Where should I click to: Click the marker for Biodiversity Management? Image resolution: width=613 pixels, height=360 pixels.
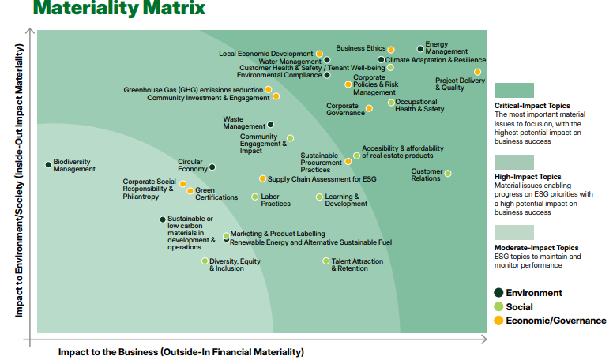[x=48, y=165]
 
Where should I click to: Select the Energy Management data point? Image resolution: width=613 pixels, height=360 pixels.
[x=420, y=49]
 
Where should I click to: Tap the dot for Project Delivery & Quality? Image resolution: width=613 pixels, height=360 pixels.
[x=477, y=72]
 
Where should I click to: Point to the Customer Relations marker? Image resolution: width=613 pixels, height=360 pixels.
[x=448, y=173]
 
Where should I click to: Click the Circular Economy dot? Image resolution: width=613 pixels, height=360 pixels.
[x=212, y=167]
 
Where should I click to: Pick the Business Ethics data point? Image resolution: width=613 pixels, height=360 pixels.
[x=391, y=49]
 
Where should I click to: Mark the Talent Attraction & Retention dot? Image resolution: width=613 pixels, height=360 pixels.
[x=325, y=261]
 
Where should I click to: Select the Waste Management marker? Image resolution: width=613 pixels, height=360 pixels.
[x=270, y=124]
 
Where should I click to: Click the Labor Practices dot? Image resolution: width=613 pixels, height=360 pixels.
[x=254, y=197]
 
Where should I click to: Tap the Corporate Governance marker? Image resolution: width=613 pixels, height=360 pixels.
[x=369, y=108]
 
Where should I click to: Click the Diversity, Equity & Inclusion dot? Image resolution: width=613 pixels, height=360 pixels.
[x=205, y=261]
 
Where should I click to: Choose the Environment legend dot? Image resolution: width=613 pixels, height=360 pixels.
[x=498, y=293]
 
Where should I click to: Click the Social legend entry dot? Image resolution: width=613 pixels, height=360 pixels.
[x=498, y=306]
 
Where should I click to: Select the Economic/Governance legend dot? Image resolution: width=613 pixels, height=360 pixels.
[x=498, y=320]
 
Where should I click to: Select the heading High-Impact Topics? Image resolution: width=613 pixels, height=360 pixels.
[x=528, y=177]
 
